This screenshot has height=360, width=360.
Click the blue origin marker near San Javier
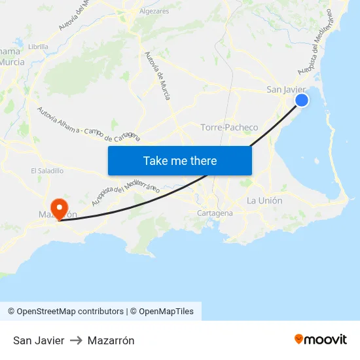302,99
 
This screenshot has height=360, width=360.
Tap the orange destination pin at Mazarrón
60,207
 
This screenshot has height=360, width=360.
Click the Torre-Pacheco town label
229,127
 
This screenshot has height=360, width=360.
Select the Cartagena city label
215,213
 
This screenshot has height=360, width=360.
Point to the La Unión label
264,200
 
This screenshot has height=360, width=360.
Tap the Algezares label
154,11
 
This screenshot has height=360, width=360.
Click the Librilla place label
38,46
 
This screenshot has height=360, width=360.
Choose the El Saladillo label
47,171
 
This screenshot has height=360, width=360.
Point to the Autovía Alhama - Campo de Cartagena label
88,124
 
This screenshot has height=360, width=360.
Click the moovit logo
320,340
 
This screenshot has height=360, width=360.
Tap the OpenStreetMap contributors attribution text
66,312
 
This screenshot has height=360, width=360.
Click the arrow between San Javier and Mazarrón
77,340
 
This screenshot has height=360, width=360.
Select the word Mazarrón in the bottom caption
111,340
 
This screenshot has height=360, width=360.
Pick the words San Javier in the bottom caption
39,340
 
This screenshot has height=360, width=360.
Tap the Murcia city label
12,62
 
